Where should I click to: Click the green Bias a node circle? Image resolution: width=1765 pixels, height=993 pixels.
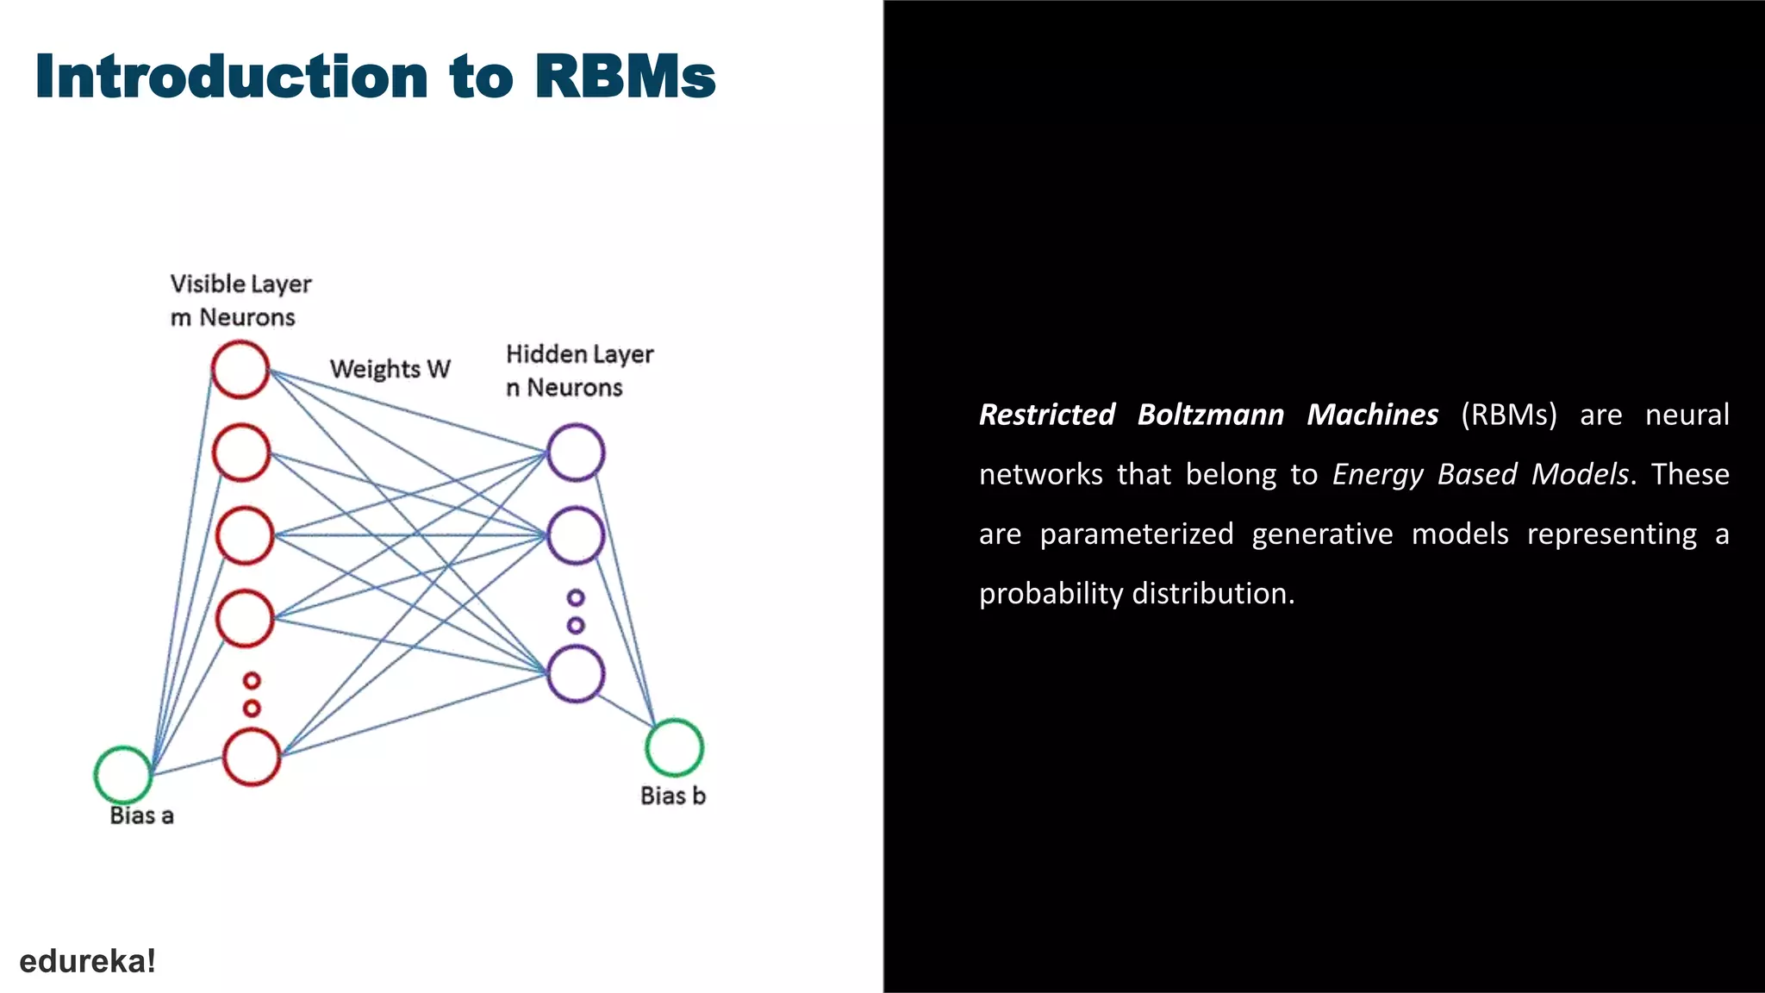coord(123,775)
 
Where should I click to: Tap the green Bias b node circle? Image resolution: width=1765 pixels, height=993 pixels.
coord(675,747)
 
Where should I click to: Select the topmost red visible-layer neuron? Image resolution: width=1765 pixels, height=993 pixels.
coord(240,369)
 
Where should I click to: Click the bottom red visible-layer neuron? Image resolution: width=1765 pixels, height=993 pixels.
coord(252,757)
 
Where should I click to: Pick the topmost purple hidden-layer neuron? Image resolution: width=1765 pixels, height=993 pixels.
coord(576,452)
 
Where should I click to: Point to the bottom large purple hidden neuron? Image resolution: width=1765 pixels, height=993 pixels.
coord(576,673)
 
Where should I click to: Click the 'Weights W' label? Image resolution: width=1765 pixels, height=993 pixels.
coord(390,369)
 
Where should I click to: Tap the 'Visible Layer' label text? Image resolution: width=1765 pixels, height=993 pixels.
coord(240,284)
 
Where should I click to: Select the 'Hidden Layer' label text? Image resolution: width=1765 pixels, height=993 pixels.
coord(579,354)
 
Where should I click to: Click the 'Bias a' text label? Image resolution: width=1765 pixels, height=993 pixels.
coord(141,815)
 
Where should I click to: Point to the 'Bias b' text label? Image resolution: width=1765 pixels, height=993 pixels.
coord(672,796)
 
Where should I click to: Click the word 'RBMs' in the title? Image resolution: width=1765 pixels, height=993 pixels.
coord(625,77)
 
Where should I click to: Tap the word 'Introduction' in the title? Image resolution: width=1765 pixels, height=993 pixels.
coord(232,77)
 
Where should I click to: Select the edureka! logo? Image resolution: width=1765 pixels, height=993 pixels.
coord(87,961)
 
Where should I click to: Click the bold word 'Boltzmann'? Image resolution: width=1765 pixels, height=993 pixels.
coord(1210,415)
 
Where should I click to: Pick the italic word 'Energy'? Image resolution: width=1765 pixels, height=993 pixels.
coord(1377,474)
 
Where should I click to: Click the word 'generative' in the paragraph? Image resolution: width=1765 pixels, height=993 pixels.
coord(1322,534)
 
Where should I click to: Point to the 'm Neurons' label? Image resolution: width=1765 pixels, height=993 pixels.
coord(233,317)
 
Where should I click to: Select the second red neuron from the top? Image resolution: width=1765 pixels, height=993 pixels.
coord(242,453)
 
